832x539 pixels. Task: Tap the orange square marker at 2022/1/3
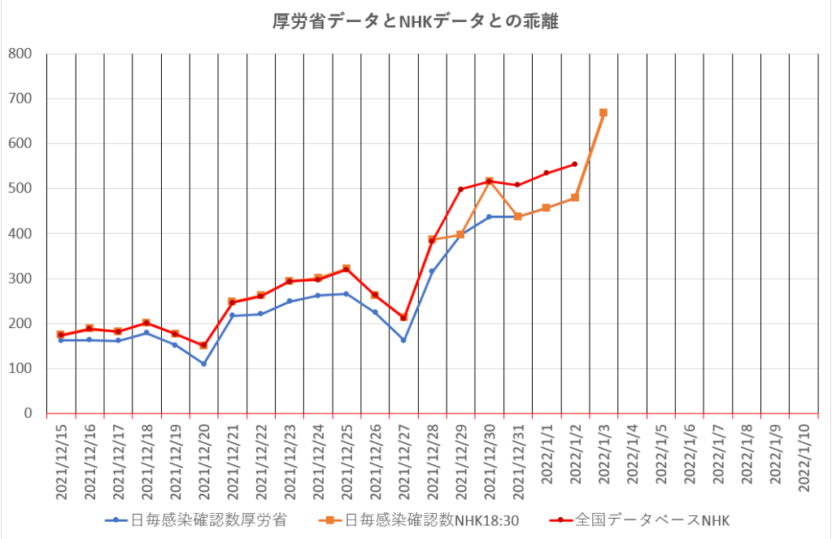pyautogui.click(x=603, y=112)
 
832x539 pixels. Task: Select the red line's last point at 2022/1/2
pyautogui.click(x=574, y=164)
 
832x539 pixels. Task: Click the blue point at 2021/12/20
pyautogui.click(x=203, y=364)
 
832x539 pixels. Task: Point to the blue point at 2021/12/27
pyautogui.click(x=403, y=340)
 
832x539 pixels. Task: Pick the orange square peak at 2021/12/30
pyautogui.click(x=490, y=181)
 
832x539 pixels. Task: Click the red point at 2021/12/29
pyautogui.click(x=460, y=189)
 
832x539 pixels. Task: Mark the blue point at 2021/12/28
pyautogui.click(x=432, y=271)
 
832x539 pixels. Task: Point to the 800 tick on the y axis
pyautogui.click(x=20, y=54)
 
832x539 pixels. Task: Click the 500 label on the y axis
pyautogui.click(x=20, y=189)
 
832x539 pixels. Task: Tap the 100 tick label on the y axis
pyautogui.click(x=20, y=369)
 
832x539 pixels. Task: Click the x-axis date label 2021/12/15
pyautogui.click(x=61, y=459)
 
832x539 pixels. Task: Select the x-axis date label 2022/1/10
pyautogui.click(x=804, y=461)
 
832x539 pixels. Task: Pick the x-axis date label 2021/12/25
pyautogui.click(x=346, y=459)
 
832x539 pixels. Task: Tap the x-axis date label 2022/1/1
pyautogui.click(x=547, y=461)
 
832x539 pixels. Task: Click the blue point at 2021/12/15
pyautogui.click(x=61, y=340)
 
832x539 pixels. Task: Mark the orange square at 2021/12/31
pyautogui.click(x=518, y=217)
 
